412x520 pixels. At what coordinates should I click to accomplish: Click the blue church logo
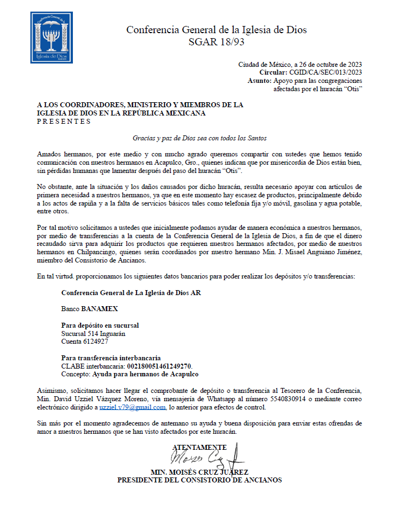(x=51, y=38)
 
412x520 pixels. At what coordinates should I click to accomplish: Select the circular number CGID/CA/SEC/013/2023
(x=326, y=72)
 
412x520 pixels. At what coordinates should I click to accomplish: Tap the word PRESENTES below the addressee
(x=64, y=122)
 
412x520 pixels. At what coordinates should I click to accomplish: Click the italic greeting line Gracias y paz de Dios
(x=199, y=138)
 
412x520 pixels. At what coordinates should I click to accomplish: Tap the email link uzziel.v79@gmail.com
(x=133, y=407)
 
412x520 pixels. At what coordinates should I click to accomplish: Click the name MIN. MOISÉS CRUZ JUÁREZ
(x=199, y=472)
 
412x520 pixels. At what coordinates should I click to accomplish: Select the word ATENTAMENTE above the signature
(x=199, y=447)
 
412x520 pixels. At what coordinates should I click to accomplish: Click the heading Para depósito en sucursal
(x=100, y=325)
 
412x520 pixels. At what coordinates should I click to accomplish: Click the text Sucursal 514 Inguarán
(x=92, y=333)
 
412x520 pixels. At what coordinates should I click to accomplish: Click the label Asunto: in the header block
(x=260, y=81)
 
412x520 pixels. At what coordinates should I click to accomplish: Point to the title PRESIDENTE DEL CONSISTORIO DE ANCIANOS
(x=199, y=480)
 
